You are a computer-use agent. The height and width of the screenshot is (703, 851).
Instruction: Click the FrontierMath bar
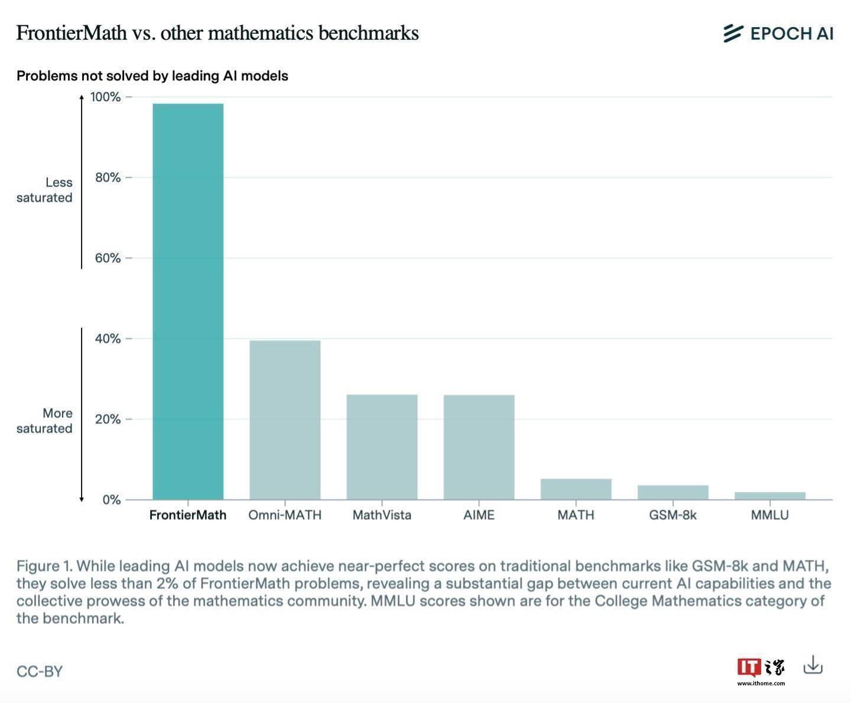click(x=188, y=302)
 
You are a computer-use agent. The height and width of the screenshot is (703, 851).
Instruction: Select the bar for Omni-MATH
click(x=285, y=420)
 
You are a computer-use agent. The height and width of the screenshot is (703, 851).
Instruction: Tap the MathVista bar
click(x=382, y=447)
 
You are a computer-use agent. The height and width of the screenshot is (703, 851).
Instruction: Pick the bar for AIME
click(x=479, y=447)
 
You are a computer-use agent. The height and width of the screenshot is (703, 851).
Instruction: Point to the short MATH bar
click(x=576, y=489)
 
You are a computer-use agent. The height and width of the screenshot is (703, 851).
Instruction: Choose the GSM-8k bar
click(x=673, y=493)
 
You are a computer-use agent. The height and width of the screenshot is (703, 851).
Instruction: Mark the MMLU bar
click(x=769, y=495)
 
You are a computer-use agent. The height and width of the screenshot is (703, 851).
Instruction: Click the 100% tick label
click(x=105, y=97)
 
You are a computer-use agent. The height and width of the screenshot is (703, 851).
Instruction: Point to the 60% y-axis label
click(x=108, y=258)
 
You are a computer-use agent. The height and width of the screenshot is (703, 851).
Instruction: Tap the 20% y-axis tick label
click(x=108, y=419)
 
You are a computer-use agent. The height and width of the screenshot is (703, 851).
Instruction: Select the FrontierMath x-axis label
click(x=188, y=515)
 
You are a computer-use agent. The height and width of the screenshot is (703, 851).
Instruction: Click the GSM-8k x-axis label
click(x=673, y=515)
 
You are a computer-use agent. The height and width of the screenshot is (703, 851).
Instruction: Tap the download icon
click(x=813, y=665)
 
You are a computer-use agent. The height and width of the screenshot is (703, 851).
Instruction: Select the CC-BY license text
click(x=40, y=672)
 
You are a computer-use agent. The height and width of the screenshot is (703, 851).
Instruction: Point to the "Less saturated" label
click(x=45, y=190)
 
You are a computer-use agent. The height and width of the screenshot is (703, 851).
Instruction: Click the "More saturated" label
click(x=45, y=420)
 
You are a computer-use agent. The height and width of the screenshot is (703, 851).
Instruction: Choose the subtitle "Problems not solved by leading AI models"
click(x=152, y=76)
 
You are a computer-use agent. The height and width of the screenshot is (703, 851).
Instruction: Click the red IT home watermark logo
click(x=749, y=667)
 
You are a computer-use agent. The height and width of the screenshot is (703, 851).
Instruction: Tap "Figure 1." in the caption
click(x=44, y=566)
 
